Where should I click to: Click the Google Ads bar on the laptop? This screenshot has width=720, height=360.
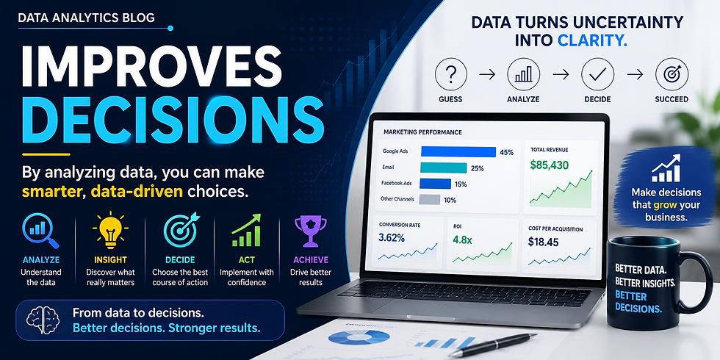click(x=458, y=152)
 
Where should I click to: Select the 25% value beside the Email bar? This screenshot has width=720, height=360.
click(x=478, y=168)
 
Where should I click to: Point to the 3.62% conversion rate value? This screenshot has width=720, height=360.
click(x=392, y=238)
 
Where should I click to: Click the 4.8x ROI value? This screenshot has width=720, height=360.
click(x=463, y=240)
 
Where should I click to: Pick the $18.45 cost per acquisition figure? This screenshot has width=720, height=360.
click(x=543, y=241)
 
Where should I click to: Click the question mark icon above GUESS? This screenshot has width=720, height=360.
click(x=450, y=74)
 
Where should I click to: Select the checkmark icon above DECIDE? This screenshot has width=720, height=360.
click(x=597, y=74)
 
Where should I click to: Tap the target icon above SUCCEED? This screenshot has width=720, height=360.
click(x=672, y=74)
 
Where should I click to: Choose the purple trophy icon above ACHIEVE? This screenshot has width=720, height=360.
click(x=311, y=231)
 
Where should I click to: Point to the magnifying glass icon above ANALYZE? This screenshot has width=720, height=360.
click(x=40, y=231)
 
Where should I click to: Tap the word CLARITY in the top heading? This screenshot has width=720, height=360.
click(x=592, y=40)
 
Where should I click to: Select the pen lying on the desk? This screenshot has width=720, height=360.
click(x=492, y=345)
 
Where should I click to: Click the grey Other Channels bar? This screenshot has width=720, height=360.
click(x=430, y=199)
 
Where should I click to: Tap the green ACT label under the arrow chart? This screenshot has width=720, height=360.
click(x=247, y=260)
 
